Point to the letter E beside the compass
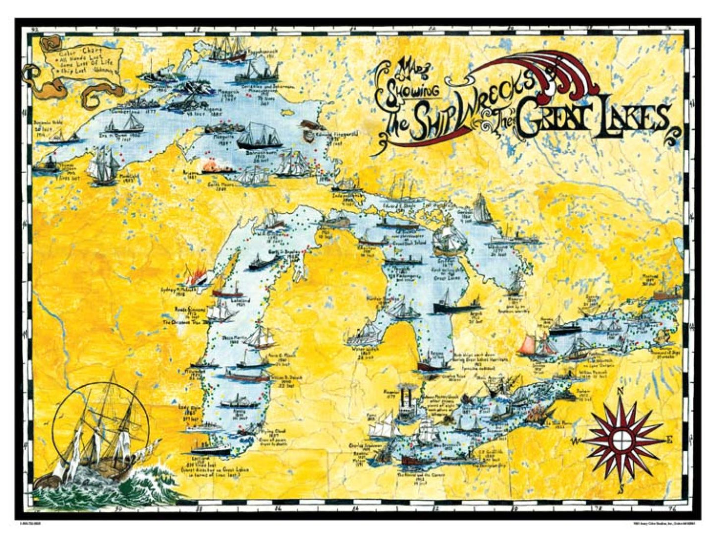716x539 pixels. pos(668,439)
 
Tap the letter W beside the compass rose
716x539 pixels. pos(577,441)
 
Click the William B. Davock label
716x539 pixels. pos(283,378)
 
